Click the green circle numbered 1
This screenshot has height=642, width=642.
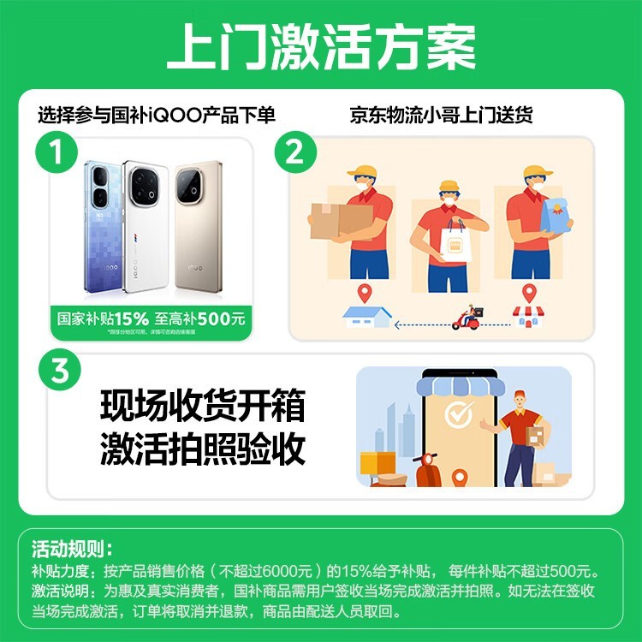pyautogui.click(x=56, y=154)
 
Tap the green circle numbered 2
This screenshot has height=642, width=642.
pyautogui.click(x=294, y=154)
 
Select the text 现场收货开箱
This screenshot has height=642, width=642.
pyautogui.click(x=202, y=405)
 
